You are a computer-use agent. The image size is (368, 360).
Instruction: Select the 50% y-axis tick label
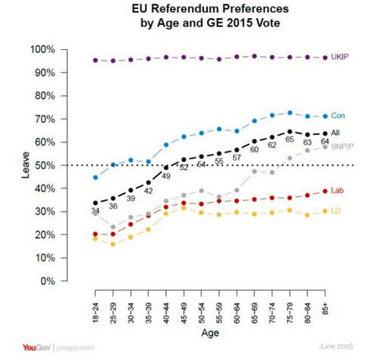tap(44, 166)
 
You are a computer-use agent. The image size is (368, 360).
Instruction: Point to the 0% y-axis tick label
tap(47, 281)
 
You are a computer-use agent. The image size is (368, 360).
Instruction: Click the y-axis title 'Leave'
tap(14, 166)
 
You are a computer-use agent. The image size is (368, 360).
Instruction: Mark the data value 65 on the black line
tap(289, 141)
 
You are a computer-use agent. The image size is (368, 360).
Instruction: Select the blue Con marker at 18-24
tap(95, 177)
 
